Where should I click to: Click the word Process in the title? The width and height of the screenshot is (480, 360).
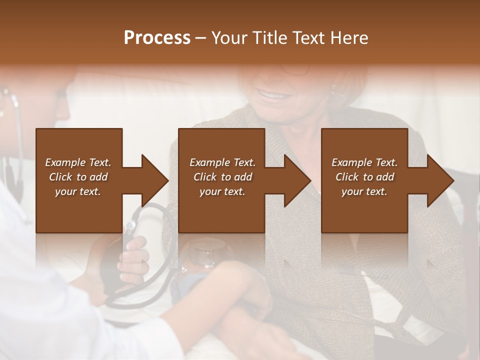pos(157,38)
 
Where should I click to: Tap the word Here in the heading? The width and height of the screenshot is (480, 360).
pos(349,38)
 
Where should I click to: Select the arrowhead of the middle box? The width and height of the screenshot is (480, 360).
pos(296,180)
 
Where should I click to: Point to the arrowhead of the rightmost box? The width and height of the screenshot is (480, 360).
pos(439,180)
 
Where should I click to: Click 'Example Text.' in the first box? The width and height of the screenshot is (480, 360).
pos(78,162)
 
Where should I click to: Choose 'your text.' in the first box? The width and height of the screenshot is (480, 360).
pos(78,191)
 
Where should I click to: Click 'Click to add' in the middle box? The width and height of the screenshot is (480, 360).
pos(222,177)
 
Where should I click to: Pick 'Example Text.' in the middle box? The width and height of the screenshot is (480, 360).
pos(222,162)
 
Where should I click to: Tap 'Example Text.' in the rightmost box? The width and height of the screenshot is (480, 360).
pos(364,162)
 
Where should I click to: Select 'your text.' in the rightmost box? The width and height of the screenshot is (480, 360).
pos(364,191)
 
